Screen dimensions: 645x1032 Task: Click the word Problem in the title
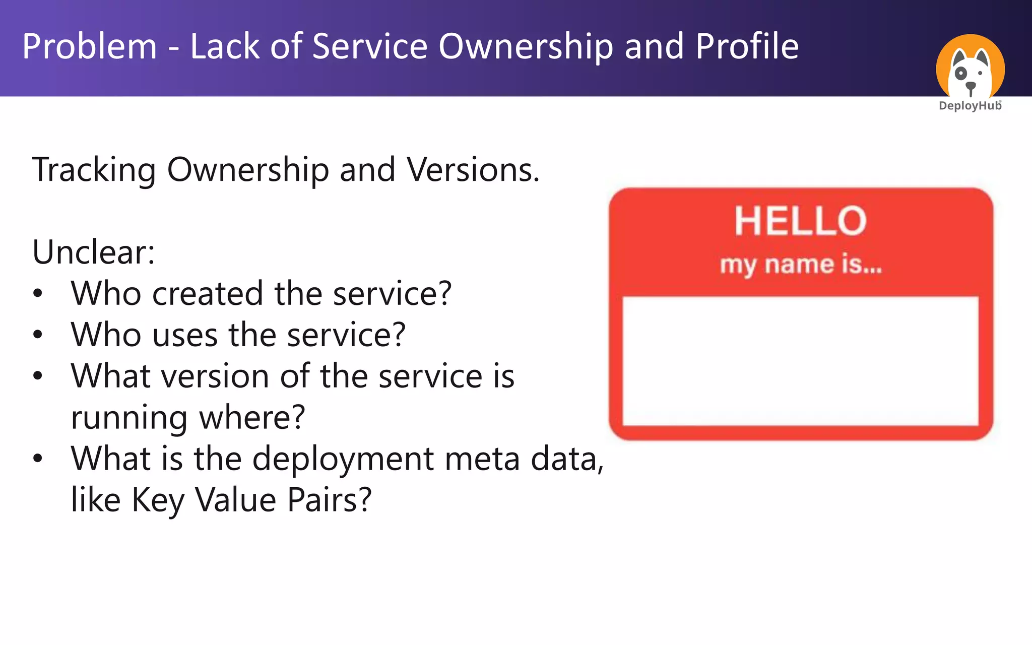pyautogui.click(x=89, y=47)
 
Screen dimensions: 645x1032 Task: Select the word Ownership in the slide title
pyautogui.click(x=526, y=47)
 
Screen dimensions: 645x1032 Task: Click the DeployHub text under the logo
pyautogui.click(x=970, y=106)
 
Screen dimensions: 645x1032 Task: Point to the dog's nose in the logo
pyautogui.click(x=970, y=87)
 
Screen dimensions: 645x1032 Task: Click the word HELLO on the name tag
pyautogui.click(x=800, y=221)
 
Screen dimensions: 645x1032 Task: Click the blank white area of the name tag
pyautogui.click(x=800, y=361)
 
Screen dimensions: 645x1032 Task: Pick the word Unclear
pyautogui.click(x=93, y=252)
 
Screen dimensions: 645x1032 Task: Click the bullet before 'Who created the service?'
pyautogui.click(x=38, y=294)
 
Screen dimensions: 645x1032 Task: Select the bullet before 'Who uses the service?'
pyautogui.click(x=38, y=335)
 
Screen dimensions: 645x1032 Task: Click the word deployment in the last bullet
pyautogui.click(x=343, y=459)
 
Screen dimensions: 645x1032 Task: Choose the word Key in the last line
pyautogui.click(x=157, y=500)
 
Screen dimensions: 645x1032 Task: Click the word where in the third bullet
pyautogui.click(x=252, y=418)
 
